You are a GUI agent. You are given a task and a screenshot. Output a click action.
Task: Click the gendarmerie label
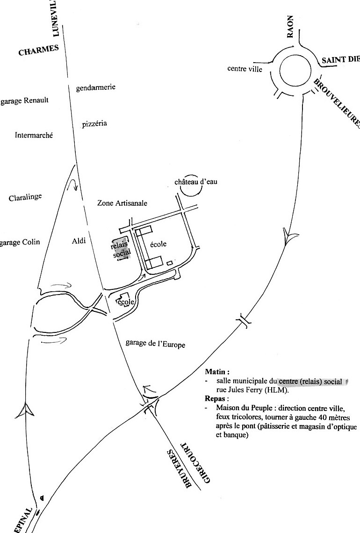[95, 87]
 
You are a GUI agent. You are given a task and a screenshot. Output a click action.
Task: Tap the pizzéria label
[94, 123]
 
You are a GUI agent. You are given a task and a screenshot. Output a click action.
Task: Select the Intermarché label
[34, 135]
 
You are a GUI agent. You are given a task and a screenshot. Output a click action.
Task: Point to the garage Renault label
[24, 101]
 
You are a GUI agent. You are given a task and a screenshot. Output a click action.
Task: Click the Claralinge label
[25, 197]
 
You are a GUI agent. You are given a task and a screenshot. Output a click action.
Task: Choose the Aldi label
[79, 241]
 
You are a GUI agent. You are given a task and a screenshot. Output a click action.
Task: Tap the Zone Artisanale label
[122, 203]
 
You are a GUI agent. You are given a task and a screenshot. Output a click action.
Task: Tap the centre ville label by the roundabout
[245, 69]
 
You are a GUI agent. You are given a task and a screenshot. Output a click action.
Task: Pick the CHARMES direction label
[38, 50]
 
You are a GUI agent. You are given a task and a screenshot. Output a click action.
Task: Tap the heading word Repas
[216, 398]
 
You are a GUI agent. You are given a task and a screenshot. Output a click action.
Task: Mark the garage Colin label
[20, 242]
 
